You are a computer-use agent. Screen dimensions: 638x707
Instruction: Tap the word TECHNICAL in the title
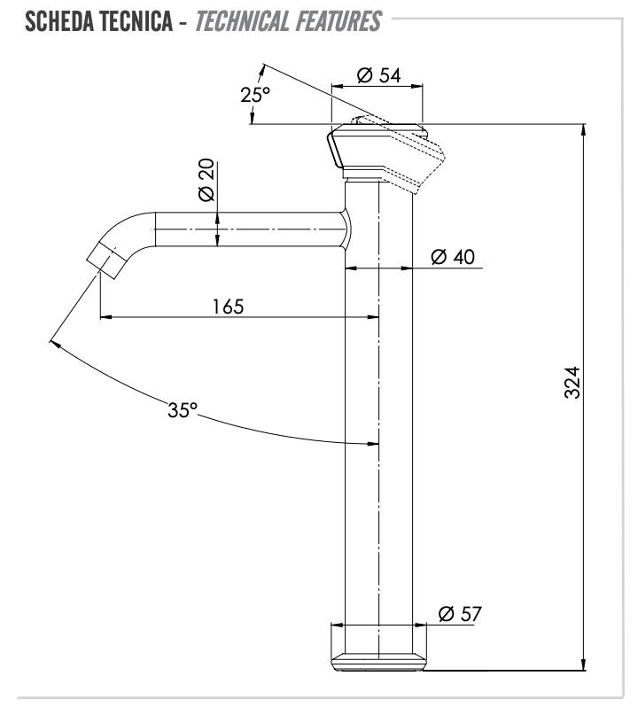tap(242, 21)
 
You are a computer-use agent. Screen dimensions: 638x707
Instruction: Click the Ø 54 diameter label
tap(378, 75)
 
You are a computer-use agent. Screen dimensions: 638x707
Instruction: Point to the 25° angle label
tap(254, 95)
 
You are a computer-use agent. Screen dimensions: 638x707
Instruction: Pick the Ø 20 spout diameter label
tap(206, 180)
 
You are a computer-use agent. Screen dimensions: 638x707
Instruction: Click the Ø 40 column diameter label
tap(453, 257)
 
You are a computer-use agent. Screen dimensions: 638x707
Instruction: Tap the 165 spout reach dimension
tap(228, 307)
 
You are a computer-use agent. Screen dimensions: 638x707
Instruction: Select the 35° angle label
tap(183, 410)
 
